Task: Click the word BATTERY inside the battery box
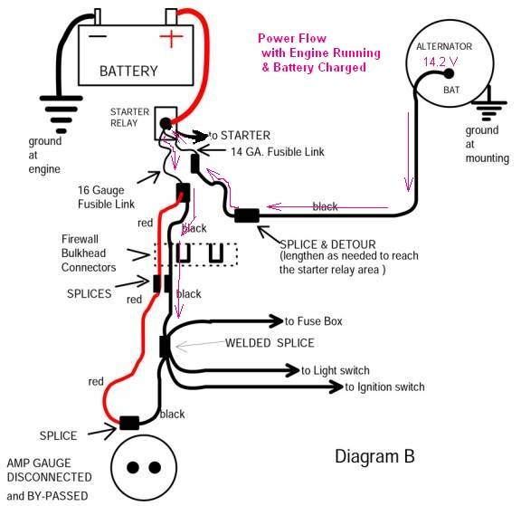pos(128,71)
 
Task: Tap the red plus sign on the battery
pos(172,36)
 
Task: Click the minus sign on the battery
pos(98,36)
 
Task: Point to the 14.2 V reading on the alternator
pos(440,62)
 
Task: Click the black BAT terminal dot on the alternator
pos(449,73)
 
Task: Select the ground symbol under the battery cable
pos(62,114)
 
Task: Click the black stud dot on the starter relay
pos(166,124)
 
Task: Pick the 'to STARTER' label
pos(239,135)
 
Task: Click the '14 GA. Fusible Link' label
pos(278,151)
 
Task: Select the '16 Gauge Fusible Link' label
pos(107,196)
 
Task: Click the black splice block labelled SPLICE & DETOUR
pos(247,215)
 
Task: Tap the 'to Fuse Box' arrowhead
pos(277,320)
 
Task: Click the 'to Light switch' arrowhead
pos(292,370)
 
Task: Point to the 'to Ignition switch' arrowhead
pos(336,387)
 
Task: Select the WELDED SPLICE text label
pos(270,343)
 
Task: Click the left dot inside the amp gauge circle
pos(133,467)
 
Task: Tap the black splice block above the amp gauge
pos(129,423)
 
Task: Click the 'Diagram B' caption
pos(374,456)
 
